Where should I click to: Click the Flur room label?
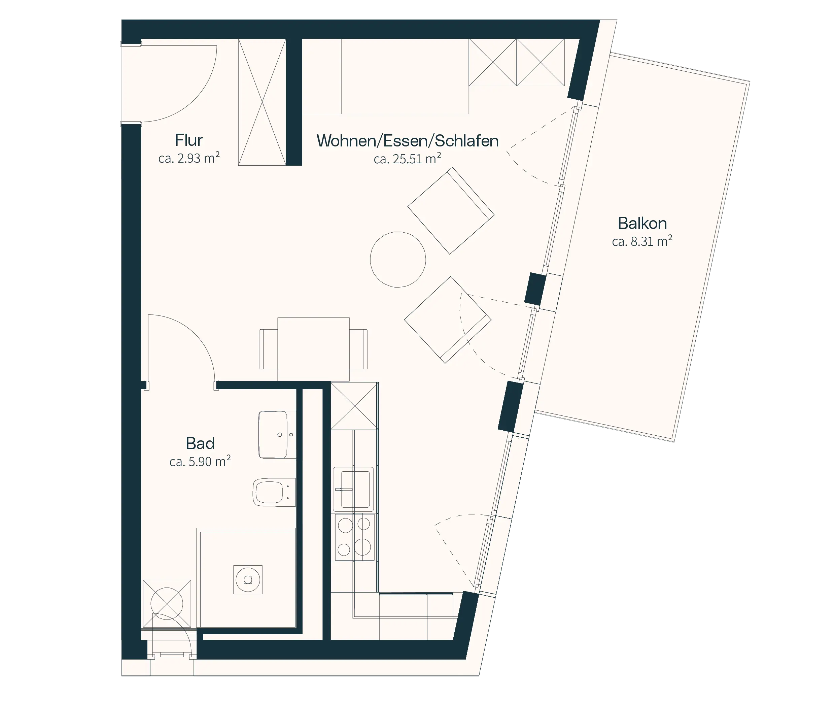pos(189,140)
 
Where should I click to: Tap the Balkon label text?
pos(642,223)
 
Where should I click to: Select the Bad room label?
pos(200,443)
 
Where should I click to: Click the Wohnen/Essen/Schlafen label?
pos(407,141)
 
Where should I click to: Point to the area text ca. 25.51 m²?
pos(407,159)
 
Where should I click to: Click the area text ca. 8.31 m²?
pos(642,241)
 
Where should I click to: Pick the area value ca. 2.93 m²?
pos(189,158)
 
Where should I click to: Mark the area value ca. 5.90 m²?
pos(200,461)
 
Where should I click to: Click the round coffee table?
pos(398,259)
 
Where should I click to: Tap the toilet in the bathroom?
pos(274,493)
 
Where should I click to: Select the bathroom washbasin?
pos(277,435)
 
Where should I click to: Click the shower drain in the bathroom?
pos(248,579)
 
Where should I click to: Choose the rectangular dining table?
pos(314,349)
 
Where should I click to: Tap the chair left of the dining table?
pos(269,349)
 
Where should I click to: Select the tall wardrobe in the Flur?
pos(262,102)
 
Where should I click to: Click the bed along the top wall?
pos(385,76)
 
